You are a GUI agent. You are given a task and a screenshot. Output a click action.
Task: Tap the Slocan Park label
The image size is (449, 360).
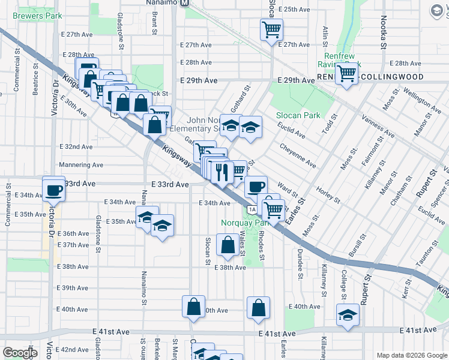[298, 115]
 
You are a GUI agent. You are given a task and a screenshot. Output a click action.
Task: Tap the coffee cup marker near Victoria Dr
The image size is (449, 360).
[53, 190]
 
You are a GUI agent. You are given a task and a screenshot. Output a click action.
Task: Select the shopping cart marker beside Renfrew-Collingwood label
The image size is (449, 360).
[346, 74]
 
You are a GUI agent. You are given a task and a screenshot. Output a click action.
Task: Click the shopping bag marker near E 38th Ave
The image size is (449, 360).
[228, 245]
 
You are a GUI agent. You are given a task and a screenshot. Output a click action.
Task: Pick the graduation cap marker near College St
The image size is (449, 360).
[348, 315]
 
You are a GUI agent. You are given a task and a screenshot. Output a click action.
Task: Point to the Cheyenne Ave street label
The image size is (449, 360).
[298, 155]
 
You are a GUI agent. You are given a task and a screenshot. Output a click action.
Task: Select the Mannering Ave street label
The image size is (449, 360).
[81, 165]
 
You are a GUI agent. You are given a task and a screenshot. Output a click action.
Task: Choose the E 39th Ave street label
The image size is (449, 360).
[76, 288]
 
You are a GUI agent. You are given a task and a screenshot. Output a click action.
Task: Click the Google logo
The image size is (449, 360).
[19, 353]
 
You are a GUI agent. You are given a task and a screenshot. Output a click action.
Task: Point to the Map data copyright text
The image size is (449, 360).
[411, 355]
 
